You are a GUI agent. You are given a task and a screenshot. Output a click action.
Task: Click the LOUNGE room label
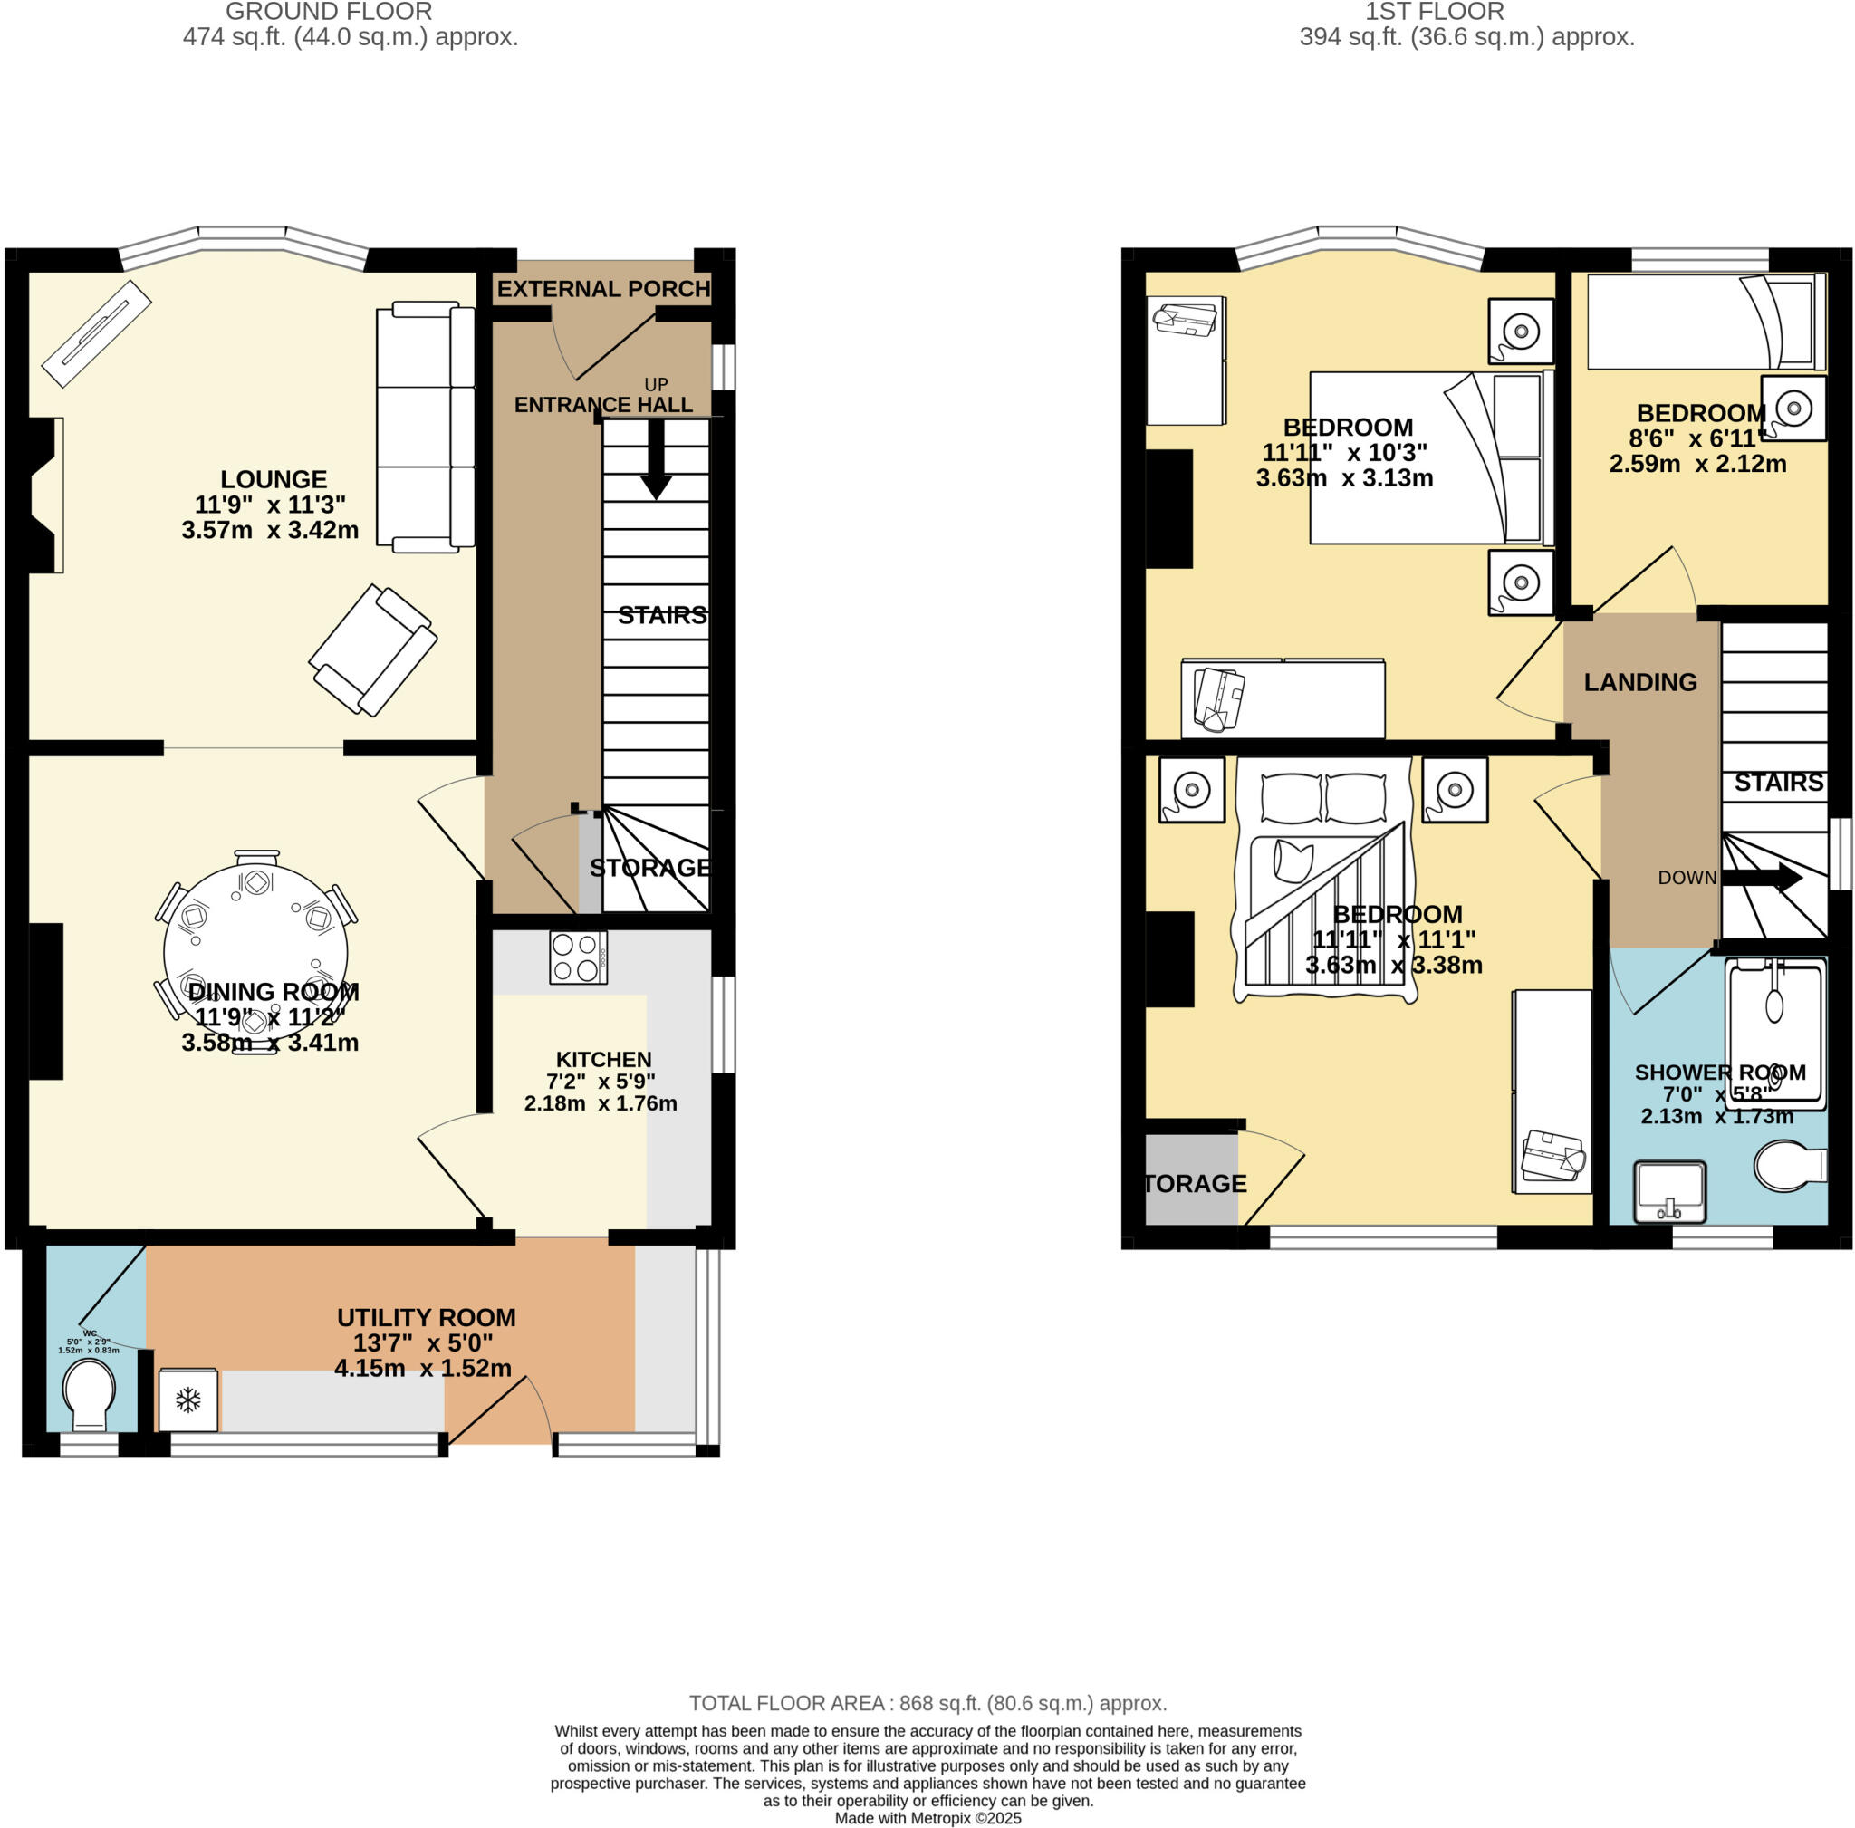(x=274, y=479)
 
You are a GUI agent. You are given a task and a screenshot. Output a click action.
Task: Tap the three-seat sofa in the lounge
(x=425, y=428)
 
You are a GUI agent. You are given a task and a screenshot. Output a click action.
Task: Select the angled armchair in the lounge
(x=372, y=651)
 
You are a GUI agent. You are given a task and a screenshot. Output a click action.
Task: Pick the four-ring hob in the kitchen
(x=578, y=957)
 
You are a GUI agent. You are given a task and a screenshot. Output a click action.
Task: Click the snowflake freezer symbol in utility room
(x=188, y=1400)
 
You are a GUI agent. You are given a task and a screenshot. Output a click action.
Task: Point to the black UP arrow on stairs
(x=656, y=462)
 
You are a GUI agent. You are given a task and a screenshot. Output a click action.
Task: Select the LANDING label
(x=1640, y=683)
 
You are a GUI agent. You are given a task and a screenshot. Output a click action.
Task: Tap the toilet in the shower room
(x=1788, y=1166)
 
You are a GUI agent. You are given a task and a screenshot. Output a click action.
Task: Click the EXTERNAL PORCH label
(x=603, y=289)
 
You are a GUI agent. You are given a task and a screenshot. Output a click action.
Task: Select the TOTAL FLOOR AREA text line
(x=927, y=1703)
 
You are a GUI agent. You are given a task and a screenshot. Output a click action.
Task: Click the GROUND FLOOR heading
(x=329, y=13)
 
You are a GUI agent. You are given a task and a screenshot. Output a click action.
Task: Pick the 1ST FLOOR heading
(x=1435, y=13)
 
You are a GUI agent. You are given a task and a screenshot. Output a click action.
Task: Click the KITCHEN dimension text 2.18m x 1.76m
(x=601, y=1104)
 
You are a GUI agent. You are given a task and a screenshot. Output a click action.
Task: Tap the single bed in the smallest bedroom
(x=1706, y=322)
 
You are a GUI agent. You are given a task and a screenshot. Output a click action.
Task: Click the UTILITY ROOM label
(x=427, y=1317)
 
